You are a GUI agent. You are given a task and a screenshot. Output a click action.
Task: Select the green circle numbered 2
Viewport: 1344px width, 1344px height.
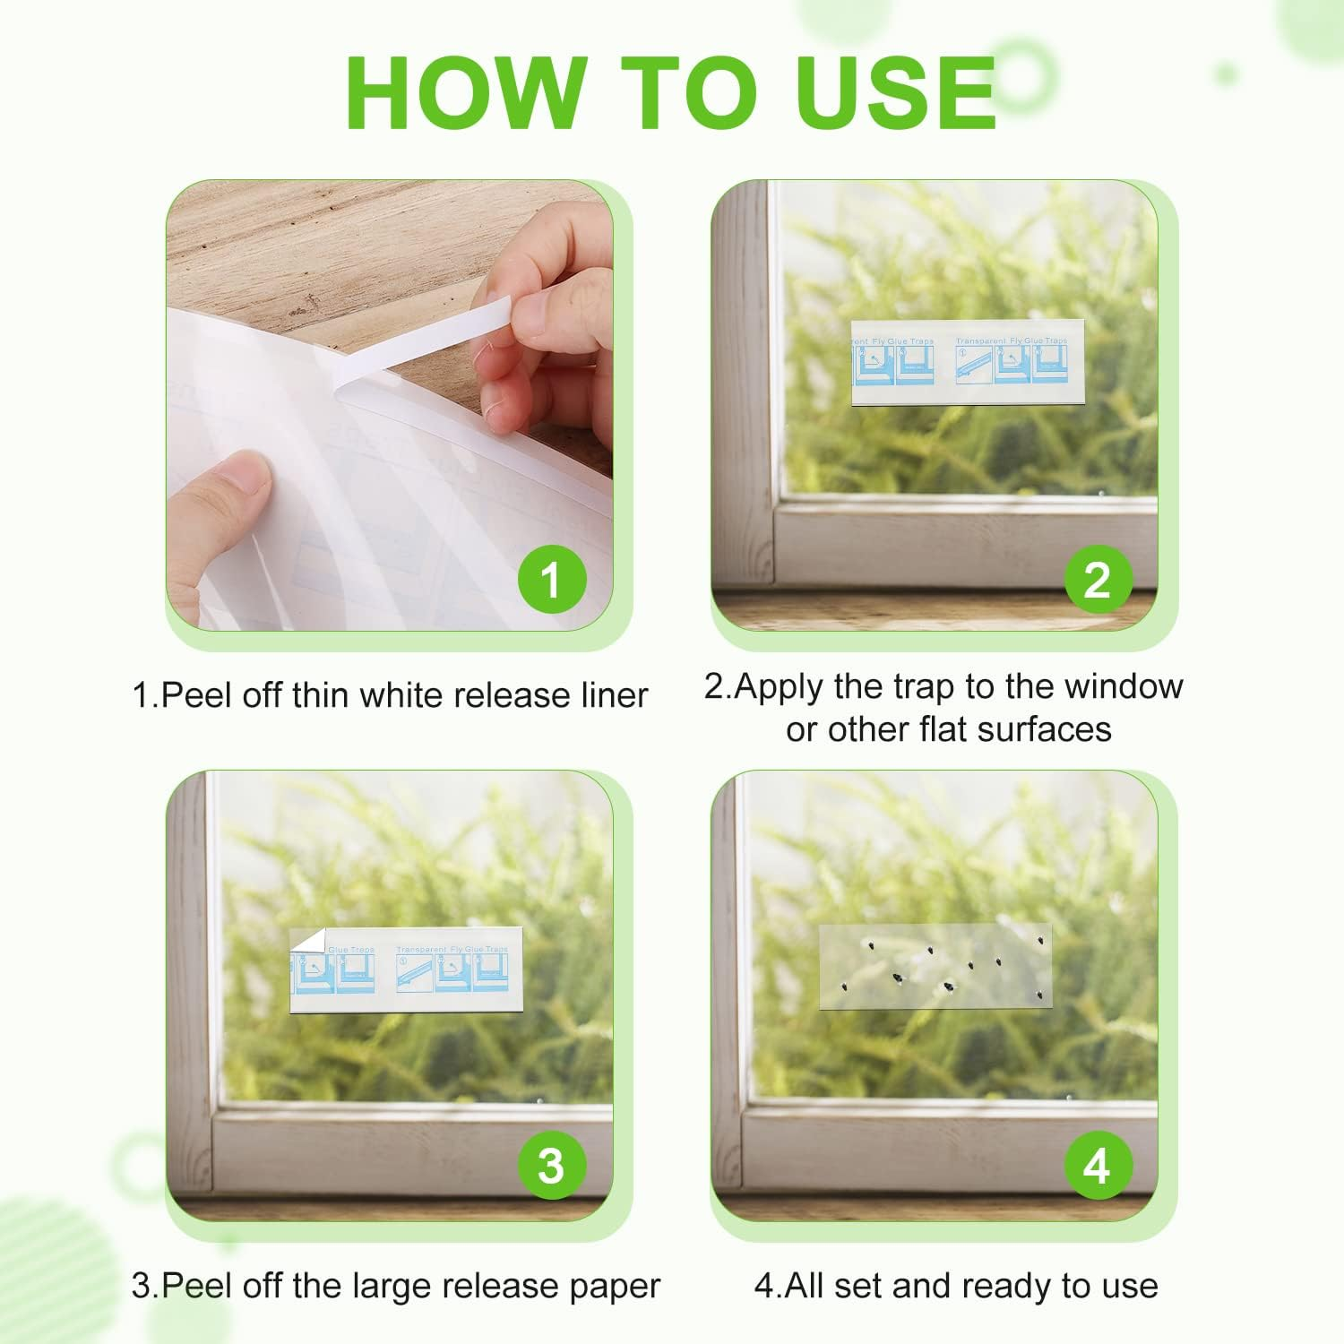[1098, 580]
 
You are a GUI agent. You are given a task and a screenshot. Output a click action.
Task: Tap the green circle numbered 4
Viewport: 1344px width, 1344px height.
[1098, 1166]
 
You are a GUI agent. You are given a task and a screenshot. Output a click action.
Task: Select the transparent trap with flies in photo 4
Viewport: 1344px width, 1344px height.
[935, 966]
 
